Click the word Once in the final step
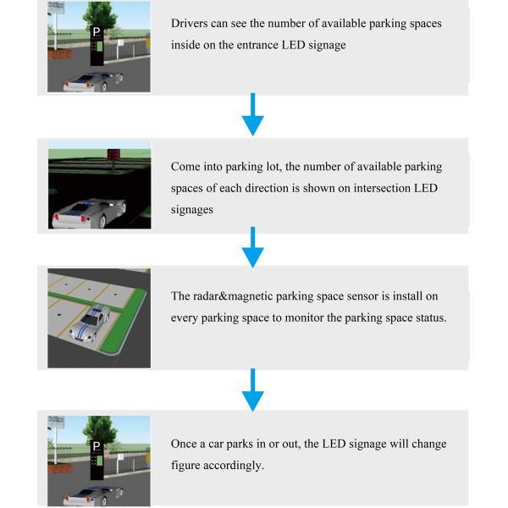coord(186,444)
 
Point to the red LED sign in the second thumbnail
coord(112,154)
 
